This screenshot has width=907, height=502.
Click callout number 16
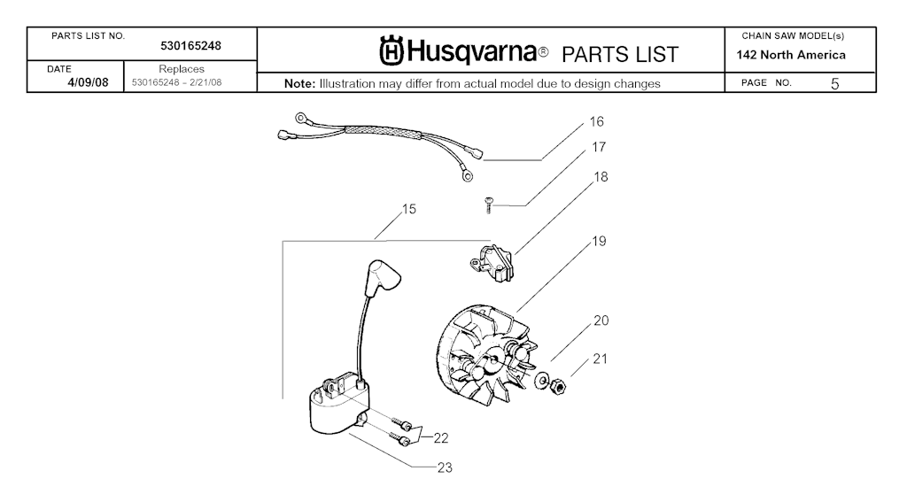point(597,121)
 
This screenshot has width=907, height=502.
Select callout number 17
point(599,148)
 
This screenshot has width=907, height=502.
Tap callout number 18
point(601,177)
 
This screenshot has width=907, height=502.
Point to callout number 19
point(600,241)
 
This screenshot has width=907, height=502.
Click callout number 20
point(601,321)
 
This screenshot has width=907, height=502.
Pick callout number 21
point(601,359)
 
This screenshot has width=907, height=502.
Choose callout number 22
point(441,436)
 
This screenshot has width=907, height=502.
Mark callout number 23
point(444,467)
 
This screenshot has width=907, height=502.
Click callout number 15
point(408,210)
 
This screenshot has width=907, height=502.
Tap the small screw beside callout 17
point(487,205)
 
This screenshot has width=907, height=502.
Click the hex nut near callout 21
point(560,386)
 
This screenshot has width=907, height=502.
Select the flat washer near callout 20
point(539,380)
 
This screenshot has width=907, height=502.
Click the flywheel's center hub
point(490,362)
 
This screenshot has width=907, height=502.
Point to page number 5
point(834,84)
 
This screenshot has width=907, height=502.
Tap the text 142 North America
point(791,55)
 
